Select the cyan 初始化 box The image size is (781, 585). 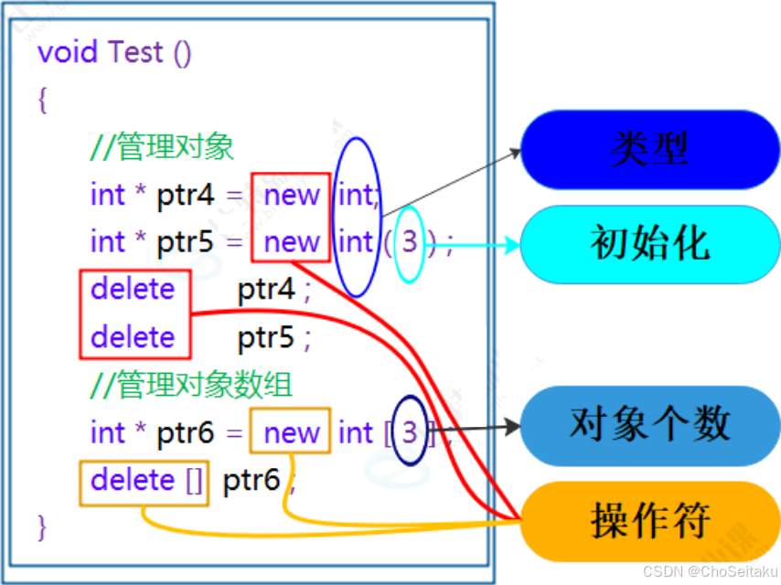[649, 243]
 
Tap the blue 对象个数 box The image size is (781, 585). [649, 424]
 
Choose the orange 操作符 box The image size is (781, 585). [649, 521]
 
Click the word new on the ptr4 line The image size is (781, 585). [292, 195]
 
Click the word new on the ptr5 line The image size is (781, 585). [292, 242]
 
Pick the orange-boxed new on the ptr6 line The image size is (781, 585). [292, 432]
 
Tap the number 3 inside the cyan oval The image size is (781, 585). [410, 242]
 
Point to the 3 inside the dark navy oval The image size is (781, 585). [410, 431]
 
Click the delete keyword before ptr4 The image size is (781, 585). [133, 290]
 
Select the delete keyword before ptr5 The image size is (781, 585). [133, 337]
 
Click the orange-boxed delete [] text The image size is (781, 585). [146, 480]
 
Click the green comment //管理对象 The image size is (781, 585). [163, 147]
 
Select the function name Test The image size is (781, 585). [135, 52]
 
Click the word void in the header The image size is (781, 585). [69, 52]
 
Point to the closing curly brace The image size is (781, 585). [42, 526]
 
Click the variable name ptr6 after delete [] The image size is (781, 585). [251, 480]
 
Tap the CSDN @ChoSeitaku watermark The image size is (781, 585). [710, 571]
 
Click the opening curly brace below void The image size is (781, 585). [42, 99]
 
